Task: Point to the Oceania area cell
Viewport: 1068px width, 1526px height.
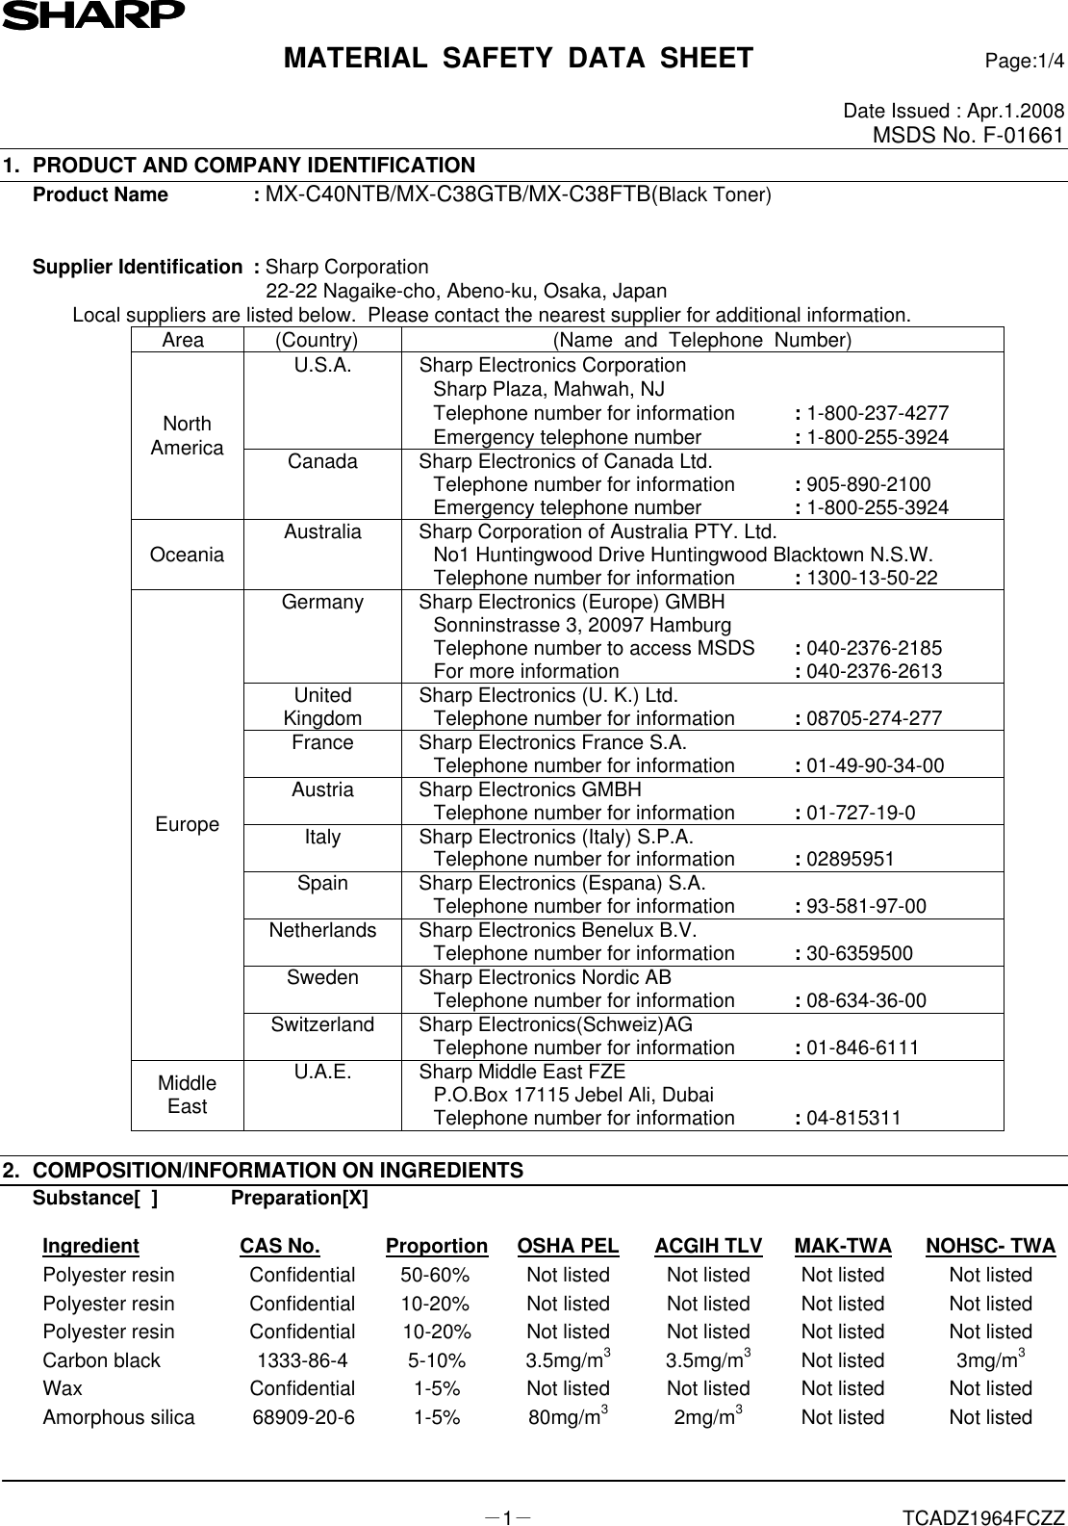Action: coord(188,555)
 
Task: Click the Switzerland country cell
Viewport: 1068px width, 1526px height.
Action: coord(322,1024)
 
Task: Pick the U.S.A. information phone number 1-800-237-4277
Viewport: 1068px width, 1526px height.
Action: coord(877,413)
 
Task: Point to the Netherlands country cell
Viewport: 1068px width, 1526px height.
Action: coord(322,930)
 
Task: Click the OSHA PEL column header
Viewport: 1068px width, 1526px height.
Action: coord(568,1246)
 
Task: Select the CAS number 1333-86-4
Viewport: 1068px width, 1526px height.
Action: coord(302,1360)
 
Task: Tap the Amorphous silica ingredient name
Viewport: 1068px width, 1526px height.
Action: coord(118,1417)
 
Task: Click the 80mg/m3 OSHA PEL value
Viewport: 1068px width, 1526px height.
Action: coord(568,1416)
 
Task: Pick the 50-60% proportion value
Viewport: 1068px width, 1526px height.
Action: coord(435,1275)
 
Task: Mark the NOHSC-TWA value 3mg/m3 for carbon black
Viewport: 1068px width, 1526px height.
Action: coord(990,1359)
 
